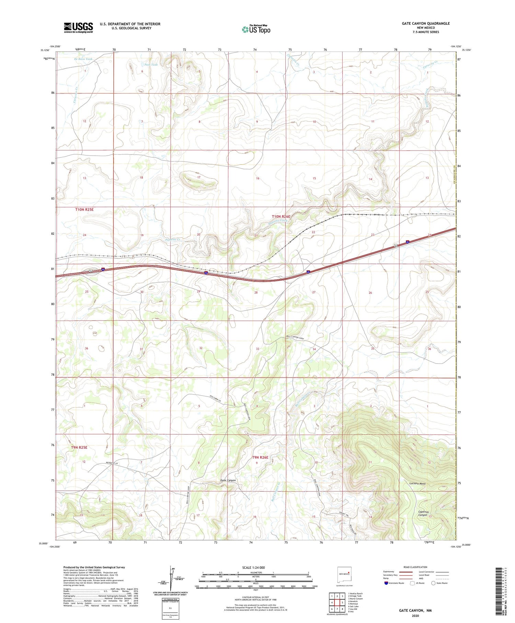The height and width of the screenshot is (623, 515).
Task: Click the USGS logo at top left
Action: coord(78,27)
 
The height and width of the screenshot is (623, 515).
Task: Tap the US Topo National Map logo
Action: coord(256,30)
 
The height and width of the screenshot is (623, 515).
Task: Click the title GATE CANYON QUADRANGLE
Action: coord(421,23)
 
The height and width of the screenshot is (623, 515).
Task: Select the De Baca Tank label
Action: coord(83,59)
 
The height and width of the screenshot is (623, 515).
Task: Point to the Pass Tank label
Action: coord(151,65)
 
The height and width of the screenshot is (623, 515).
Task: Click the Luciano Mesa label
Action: coord(417,483)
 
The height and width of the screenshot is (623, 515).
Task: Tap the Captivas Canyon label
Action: coord(422,513)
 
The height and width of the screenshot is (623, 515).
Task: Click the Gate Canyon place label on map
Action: coord(228,480)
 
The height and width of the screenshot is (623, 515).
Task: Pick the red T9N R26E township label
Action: coord(260,457)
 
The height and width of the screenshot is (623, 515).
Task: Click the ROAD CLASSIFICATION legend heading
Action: coord(415,567)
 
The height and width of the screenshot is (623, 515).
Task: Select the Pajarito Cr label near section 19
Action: coord(173,240)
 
